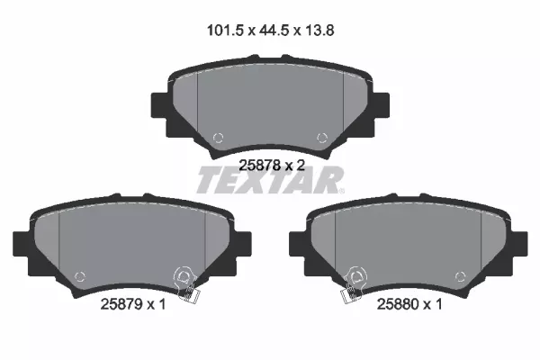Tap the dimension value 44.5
click(x=273, y=31)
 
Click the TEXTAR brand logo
click(x=270, y=180)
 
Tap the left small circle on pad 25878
click(x=218, y=138)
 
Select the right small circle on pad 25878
click(x=322, y=138)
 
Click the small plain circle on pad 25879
click(x=79, y=276)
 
